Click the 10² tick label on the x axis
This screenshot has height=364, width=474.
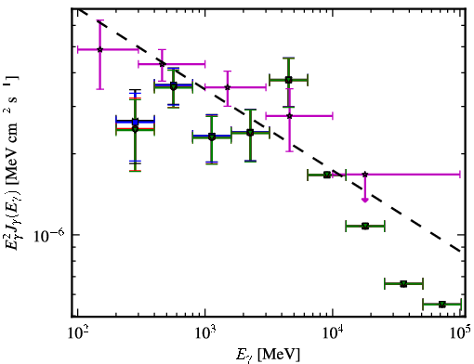click(77, 333)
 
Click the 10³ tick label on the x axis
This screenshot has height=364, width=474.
click(204, 333)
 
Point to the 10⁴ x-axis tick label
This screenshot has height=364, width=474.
click(333, 333)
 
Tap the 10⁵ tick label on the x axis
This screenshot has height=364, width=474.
click(460, 333)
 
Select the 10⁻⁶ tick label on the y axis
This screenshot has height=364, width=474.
click(49, 236)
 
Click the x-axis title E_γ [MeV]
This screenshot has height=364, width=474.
click(268, 355)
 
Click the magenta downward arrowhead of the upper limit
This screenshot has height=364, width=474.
click(365, 200)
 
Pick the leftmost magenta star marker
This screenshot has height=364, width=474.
click(99, 49)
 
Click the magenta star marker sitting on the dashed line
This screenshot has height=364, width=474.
click(162, 64)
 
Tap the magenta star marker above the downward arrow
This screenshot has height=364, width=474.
click(365, 175)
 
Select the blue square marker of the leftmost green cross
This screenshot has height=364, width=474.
click(135, 122)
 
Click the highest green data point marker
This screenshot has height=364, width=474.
click(288, 80)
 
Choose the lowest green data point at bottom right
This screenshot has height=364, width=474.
click(442, 305)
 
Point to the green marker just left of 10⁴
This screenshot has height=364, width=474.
click(327, 175)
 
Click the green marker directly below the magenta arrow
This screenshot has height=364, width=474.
click(365, 226)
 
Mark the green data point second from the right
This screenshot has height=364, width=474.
click(403, 283)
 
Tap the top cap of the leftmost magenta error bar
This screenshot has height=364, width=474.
click(99, 20)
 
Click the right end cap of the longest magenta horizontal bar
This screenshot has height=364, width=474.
click(460, 175)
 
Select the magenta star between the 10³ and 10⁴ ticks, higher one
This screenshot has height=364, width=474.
click(228, 87)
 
